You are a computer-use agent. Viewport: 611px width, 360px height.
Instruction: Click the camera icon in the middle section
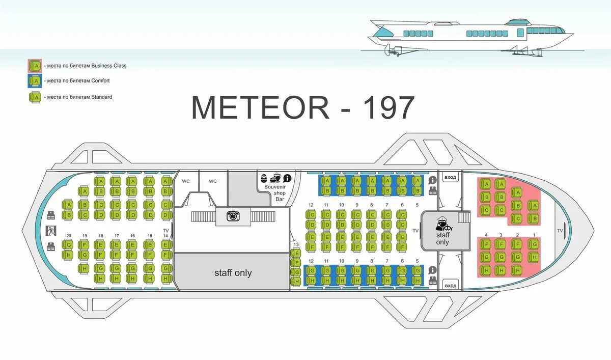point(233,216)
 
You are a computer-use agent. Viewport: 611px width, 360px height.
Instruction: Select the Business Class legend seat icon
point(35,65)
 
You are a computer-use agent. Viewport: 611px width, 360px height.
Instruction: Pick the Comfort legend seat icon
point(35,80)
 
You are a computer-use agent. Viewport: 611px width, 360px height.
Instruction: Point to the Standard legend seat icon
point(35,97)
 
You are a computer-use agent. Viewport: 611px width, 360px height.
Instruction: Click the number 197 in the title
point(388,108)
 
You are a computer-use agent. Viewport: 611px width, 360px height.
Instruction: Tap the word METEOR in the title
point(261,108)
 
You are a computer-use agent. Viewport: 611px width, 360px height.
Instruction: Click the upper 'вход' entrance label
point(451,178)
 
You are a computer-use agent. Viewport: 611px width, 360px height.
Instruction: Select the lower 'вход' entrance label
point(451,285)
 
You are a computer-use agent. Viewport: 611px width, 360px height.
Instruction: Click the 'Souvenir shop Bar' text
point(275,192)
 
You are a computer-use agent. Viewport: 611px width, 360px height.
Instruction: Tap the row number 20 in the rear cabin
point(69,236)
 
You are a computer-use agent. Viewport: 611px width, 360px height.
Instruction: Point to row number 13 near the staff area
point(296,245)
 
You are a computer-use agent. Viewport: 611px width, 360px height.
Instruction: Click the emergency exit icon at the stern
point(50,230)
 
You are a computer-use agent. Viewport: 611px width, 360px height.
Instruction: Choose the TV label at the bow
point(560,231)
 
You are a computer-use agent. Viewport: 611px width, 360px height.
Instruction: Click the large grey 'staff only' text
point(233,273)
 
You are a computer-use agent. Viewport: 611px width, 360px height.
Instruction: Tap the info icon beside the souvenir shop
point(287,178)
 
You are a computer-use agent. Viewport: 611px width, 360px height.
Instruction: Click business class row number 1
point(534,235)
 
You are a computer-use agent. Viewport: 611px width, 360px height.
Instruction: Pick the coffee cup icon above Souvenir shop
point(275,178)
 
